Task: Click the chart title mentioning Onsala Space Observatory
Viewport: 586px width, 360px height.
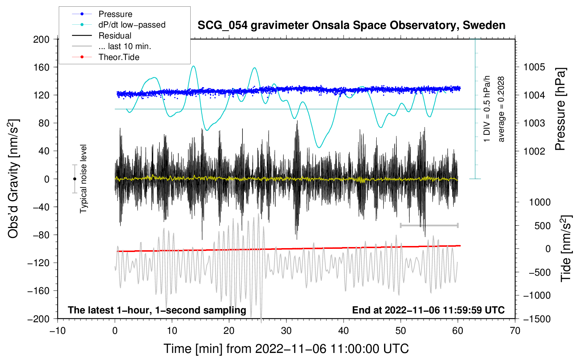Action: click(351, 25)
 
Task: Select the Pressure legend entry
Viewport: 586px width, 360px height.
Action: click(115, 14)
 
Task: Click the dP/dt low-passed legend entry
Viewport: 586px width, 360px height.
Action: click(132, 25)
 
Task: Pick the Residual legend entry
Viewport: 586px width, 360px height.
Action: click(115, 36)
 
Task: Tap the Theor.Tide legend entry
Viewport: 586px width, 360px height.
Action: click(119, 57)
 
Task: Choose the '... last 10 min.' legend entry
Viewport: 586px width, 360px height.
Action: click(125, 46)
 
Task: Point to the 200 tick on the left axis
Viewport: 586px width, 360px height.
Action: click(41, 39)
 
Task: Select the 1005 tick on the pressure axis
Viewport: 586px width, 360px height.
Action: click(534, 67)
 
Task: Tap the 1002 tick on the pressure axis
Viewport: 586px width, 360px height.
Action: click(534, 151)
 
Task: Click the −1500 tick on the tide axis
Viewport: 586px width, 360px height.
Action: click(537, 319)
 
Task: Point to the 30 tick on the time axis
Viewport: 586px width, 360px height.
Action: click(286, 331)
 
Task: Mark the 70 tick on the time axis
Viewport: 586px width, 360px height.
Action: click(515, 331)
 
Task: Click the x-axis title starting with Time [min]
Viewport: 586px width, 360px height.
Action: click(286, 349)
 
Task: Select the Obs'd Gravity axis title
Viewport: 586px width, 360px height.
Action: click(13, 179)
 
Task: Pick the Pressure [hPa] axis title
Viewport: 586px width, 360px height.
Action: click(561, 109)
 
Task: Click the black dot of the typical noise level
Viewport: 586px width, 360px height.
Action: click(74, 179)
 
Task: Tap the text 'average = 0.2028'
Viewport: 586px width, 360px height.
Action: click(501, 109)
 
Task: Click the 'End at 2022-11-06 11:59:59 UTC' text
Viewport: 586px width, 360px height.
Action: click(428, 310)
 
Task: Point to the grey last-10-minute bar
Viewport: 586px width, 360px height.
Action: click(429, 225)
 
